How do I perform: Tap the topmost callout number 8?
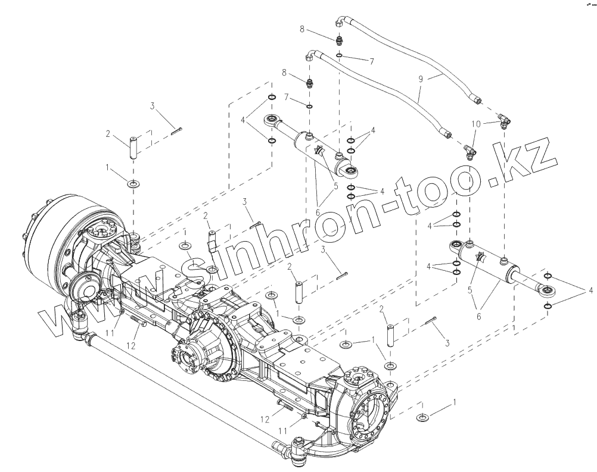tap(319, 29)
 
